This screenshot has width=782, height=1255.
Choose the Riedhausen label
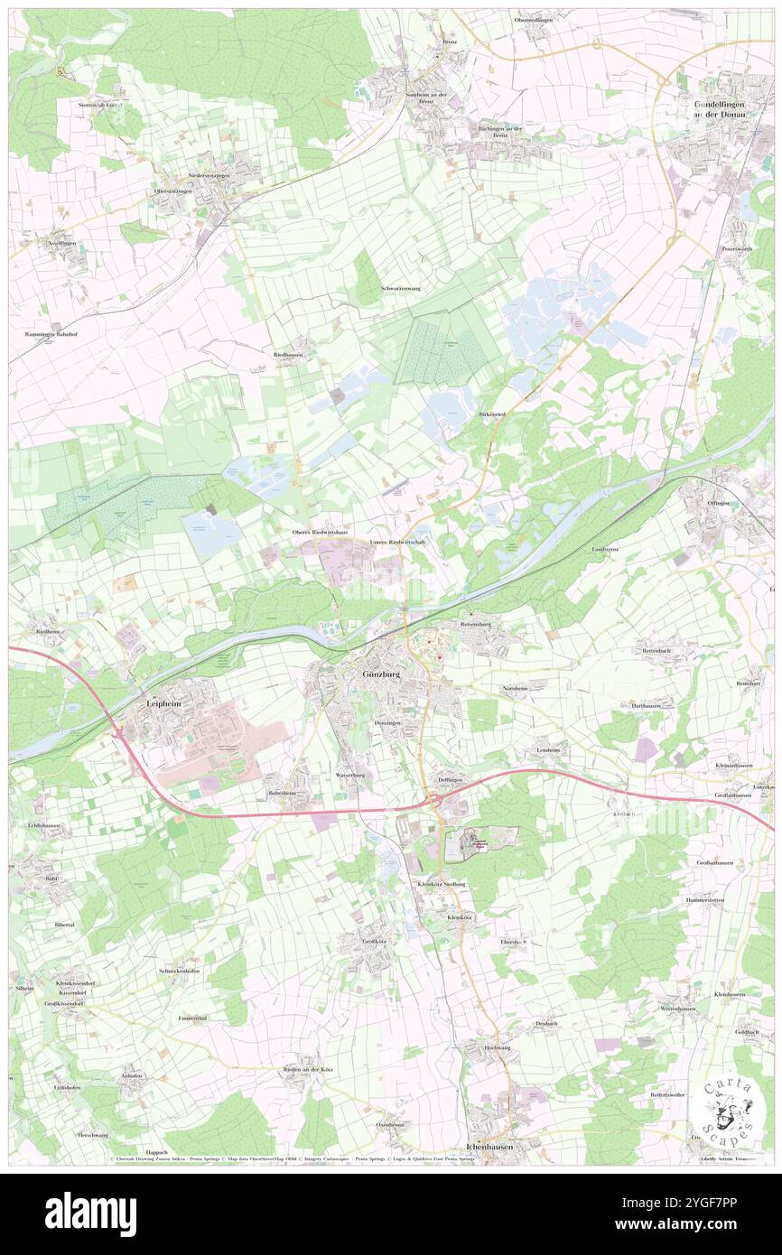click(x=288, y=355)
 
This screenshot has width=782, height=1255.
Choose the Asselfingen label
click(x=62, y=244)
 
